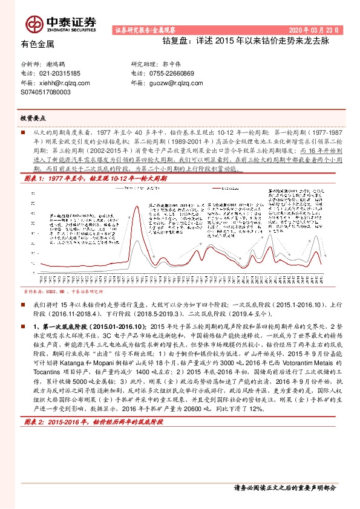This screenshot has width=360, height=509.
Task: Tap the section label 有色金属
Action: tap(37, 44)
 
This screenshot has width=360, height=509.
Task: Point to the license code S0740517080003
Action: tap(45, 92)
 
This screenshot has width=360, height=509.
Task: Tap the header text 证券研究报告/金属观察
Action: tap(145, 30)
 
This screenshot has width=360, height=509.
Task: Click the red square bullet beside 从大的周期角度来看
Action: tap(24, 130)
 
